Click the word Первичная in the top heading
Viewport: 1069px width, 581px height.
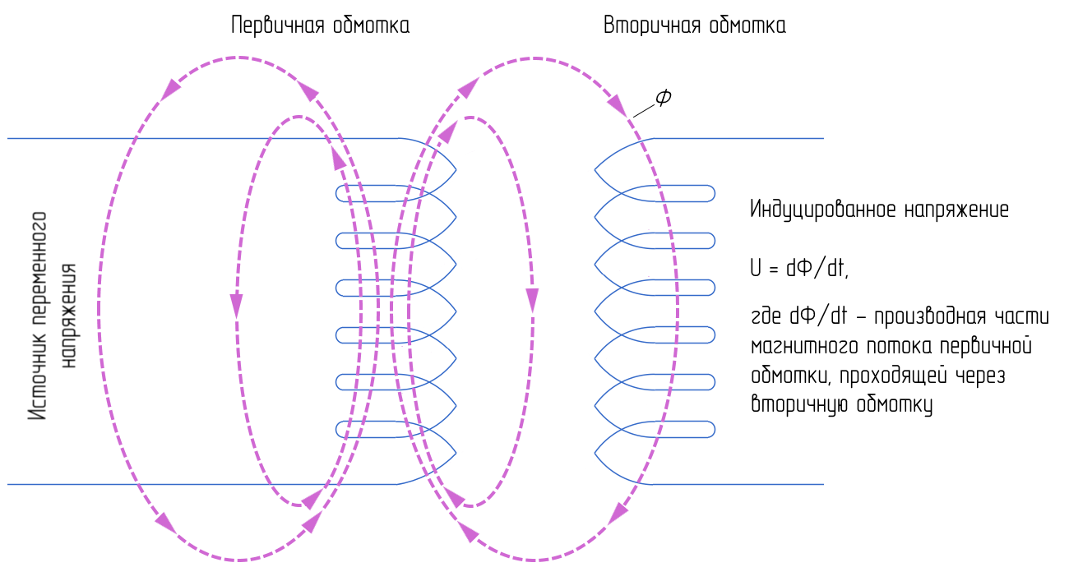[x=277, y=25]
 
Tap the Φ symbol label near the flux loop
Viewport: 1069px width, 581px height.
[x=664, y=97]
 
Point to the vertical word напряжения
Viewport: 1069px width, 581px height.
[x=68, y=316]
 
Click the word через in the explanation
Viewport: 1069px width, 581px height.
[x=981, y=376]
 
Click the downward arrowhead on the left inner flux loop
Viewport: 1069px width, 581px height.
[x=236, y=306]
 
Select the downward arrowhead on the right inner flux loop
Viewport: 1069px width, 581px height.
[x=532, y=301]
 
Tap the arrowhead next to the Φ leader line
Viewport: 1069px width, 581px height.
[x=617, y=105]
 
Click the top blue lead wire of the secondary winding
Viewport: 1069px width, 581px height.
[x=738, y=138]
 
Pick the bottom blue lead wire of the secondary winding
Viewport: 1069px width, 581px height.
[x=738, y=484]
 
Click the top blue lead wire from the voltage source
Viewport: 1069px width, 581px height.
[x=203, y=138]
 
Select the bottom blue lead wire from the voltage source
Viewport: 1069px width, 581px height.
[x=203, y=484]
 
